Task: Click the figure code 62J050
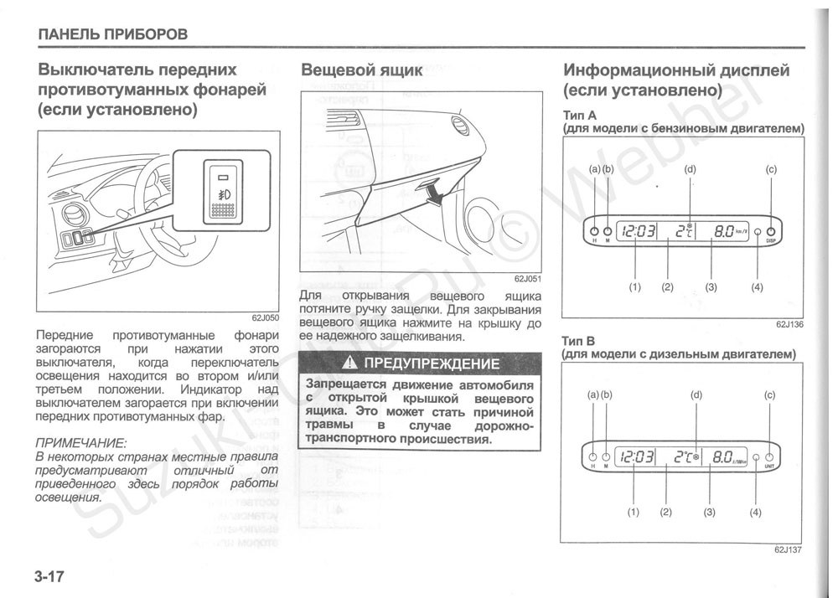click(x=265, y=318)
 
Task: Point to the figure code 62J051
click(x=527, y=280)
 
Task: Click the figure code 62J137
click(x=789, y=550)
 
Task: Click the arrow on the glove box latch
click(x=433, y=193)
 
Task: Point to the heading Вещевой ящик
click(x=361, y=70)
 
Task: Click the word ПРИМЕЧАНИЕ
click(x=81, y=441)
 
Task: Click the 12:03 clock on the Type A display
click(x=635, y=231)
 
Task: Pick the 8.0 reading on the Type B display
click(x=723, y=457)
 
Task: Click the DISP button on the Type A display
click(x=771, y=231)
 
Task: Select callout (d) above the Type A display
click(x=690, y=170)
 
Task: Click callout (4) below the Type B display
click(x=755, y=512)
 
